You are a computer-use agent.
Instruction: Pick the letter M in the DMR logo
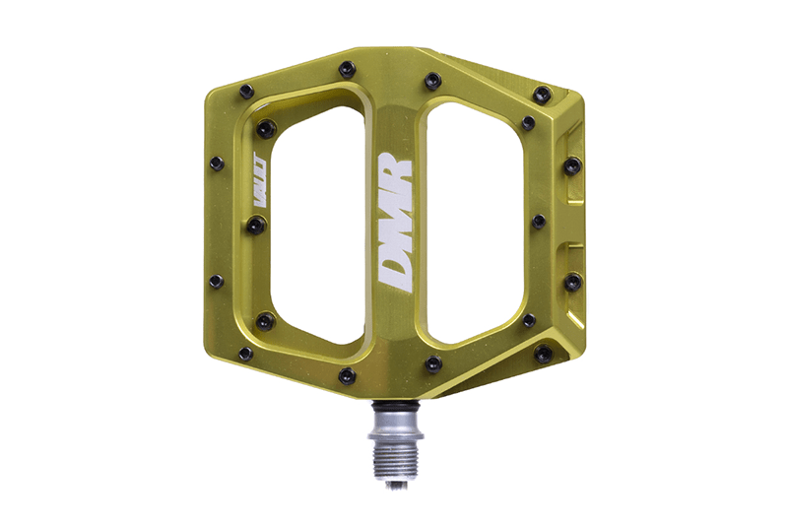coord(395,222)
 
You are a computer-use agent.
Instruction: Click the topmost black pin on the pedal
coord(346,69)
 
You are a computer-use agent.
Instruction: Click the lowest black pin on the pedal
coord(346,375)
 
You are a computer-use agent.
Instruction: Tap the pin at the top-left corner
coord(245,91)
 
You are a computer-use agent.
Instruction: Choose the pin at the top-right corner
coord(542,94)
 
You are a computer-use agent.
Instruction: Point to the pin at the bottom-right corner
coord(543,352)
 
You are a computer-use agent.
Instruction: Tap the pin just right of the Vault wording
coord(256,226)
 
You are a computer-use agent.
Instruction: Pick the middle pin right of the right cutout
coord(539,222)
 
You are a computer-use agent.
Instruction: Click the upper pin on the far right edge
coord(573,164)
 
